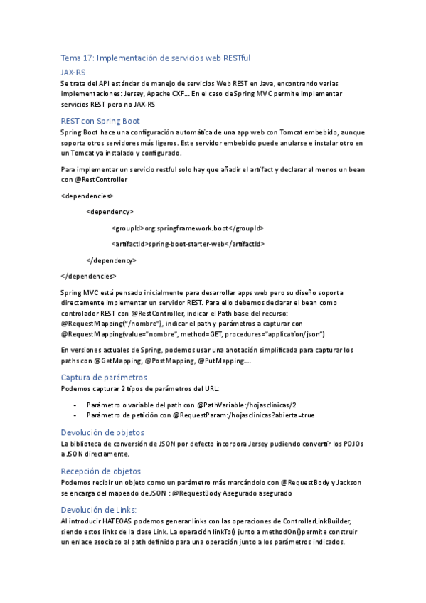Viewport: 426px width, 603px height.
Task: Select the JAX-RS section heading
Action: click(73, 73)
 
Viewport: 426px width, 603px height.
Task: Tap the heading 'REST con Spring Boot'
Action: click(100, 121)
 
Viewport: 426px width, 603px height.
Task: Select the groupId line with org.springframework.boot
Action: click(187, 228)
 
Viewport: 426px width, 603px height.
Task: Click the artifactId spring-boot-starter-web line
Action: click(188, 244)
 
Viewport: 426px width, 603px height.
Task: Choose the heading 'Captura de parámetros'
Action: click(104, 377)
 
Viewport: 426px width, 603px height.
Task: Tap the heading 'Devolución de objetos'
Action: click(102, 432)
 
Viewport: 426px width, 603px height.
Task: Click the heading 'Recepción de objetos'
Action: click(101, 471)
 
